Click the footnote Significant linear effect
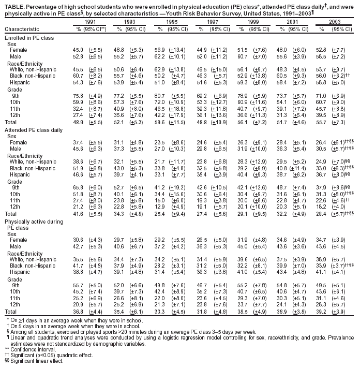35,361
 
